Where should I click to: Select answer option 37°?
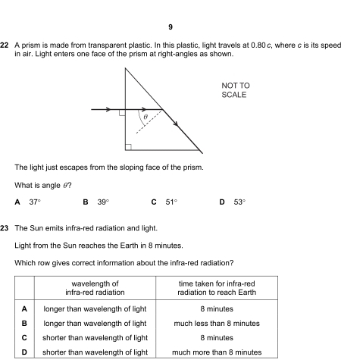click(34, 202)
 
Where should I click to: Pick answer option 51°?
click(170, 202)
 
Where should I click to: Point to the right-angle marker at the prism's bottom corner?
click(130, 146)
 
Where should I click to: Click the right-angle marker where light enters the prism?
click(122, 114)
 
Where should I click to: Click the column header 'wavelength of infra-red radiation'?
click(95, 288)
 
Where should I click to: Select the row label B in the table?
click(24, 323)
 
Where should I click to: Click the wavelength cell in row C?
click(95, 337)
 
